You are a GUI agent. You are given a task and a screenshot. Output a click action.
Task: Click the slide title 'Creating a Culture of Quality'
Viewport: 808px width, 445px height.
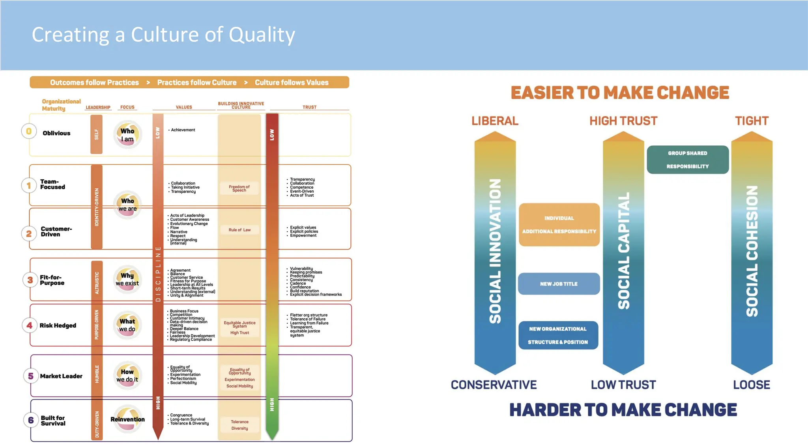click(163, 35)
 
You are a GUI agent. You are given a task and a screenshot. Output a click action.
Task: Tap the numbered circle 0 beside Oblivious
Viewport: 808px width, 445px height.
click(29, 131)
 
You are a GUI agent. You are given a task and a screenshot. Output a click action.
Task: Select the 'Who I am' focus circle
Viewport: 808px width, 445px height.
click(127, 135)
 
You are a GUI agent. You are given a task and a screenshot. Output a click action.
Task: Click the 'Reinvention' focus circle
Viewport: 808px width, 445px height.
click(127, 419)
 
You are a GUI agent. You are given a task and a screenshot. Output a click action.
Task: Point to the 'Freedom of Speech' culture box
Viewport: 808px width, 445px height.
click(239, 188)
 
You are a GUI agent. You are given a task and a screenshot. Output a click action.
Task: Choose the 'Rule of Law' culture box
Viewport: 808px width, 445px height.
click(239, 230)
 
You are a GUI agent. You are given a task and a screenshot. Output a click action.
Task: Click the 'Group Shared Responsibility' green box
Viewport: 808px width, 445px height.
click(687, 160)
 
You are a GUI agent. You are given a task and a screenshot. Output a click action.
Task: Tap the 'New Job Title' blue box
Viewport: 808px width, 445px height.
click(559, 284)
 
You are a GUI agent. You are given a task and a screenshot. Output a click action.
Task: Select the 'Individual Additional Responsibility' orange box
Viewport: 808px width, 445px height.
click(559, 225)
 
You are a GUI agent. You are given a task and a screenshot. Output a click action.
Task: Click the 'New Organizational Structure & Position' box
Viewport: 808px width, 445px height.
click(558, 335)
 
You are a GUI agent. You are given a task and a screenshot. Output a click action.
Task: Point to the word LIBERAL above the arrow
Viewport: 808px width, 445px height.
click(495, 121)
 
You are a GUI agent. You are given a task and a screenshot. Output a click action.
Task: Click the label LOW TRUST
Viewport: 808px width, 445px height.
click(623, 385)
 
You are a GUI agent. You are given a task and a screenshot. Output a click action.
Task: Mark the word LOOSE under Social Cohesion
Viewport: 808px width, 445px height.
click(751, 385)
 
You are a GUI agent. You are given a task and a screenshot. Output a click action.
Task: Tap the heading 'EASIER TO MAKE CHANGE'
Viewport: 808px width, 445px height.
click(620, 93)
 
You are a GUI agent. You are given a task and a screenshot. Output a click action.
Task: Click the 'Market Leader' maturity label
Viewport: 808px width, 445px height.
click(61, 376)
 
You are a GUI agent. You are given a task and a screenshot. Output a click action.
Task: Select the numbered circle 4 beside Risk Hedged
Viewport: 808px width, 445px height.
click(30, 325)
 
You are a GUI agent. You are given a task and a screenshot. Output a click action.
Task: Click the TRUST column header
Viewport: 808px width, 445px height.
click(309, 107)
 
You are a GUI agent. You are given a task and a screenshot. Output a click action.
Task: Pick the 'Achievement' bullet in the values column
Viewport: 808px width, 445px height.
click(183, 130)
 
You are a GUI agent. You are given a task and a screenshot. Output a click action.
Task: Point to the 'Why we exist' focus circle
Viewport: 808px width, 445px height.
click(127, 279)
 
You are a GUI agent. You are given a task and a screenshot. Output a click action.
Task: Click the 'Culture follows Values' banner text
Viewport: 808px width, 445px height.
click(292, 83)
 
